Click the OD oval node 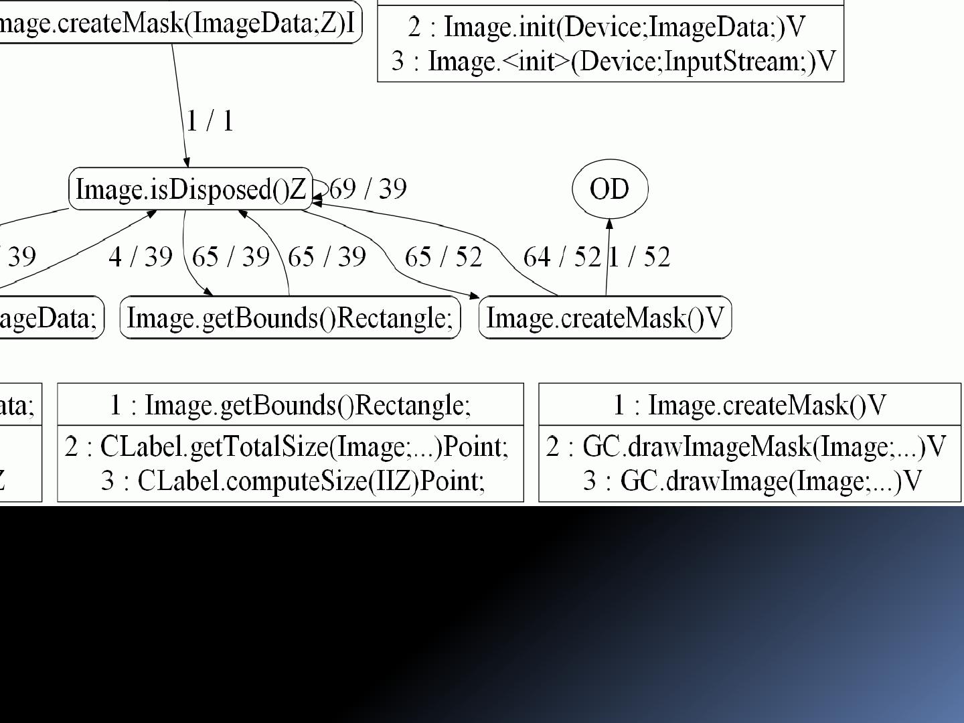[610, 189]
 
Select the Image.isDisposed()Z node [191, 189]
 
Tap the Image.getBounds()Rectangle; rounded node [290, 317]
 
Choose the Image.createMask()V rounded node [605, 317]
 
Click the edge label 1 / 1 [210, 121]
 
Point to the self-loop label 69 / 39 [368, 189]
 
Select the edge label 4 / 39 [141, 256]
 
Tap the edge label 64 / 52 [562, 256]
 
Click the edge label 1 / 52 [639, 256]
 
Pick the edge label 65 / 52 [443, 256]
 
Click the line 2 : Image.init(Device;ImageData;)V [607, 27]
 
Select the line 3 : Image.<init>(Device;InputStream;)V [613, 61]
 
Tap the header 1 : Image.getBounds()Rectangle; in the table [291, 405]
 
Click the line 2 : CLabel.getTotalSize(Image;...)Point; [287, 447]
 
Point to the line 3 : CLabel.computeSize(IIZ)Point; [293, 481]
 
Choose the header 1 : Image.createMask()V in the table [750, 405]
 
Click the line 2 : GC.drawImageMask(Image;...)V [746, 447]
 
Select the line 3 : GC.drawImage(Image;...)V [752, 481]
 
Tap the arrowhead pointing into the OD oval [609, 224]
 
